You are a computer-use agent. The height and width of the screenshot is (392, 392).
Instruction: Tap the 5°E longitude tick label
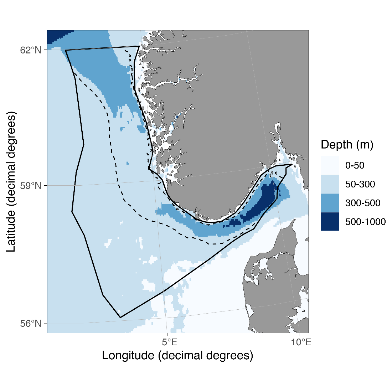point(170,342)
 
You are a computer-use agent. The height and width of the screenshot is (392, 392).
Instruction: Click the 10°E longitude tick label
point(301,342)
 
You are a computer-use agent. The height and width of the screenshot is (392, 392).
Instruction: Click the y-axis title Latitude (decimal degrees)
point(11,182)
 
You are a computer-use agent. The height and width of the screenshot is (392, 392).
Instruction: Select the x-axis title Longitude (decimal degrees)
point(177,355)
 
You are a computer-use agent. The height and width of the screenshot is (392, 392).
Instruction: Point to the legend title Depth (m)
point(347,145)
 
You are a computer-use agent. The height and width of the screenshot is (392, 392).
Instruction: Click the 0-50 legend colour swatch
point(330,165)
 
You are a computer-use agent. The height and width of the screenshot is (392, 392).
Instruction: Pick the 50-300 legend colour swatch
point(330,184)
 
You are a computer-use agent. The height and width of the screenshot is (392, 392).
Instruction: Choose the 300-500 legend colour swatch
point(330,203)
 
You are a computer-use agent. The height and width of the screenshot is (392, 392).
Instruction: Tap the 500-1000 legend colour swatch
point(330,222)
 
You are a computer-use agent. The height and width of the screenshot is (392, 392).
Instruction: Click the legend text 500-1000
point(365,222)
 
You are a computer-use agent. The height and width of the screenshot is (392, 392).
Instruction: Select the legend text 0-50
point(355,165)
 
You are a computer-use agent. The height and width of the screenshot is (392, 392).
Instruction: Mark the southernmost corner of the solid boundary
point(120,317)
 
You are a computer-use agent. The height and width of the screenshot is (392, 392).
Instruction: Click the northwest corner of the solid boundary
point(66,50)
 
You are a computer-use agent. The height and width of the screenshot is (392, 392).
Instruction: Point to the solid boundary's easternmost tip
point(292,164)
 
